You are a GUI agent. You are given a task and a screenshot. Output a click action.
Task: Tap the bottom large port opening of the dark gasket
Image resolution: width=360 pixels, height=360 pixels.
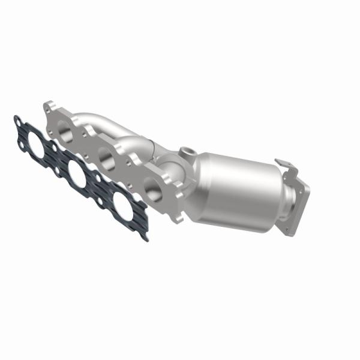click(x=124, y=207)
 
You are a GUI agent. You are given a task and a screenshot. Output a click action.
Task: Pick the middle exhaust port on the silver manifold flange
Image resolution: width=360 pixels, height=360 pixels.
click(x=106, y=158)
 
